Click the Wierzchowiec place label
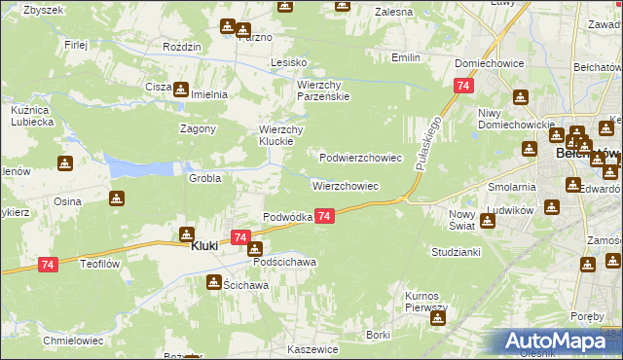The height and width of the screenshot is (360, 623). point(345,185)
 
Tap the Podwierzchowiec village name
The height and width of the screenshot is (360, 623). point(361,157)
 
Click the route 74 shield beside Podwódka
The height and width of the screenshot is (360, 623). point(325,216)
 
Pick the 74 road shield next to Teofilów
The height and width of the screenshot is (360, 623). point(48,264)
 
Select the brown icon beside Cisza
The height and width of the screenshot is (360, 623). point(181,89)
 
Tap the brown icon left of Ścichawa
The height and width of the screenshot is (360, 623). point(212,282)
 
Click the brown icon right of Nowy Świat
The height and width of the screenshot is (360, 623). point(488,220)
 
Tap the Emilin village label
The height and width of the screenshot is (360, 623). point(405,57)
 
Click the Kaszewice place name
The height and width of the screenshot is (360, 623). point(312,348)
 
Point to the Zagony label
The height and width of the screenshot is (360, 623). point(197,128)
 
